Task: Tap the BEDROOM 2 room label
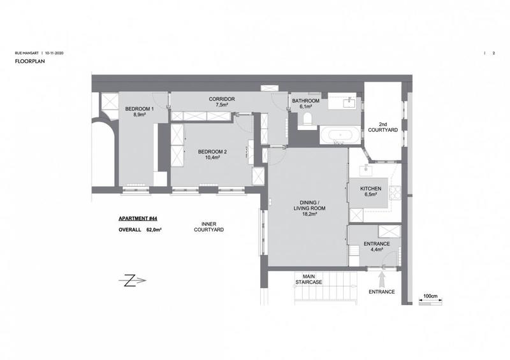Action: (x=212, y=151)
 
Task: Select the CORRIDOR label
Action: (x=222, y=99)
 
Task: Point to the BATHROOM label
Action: (x=305, y=101)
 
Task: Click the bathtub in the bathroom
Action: (x=339, y=134)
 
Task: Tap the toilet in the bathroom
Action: (x=307, y=119)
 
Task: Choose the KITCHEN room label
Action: (x=370, y=189)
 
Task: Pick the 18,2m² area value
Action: (x=310, y=214)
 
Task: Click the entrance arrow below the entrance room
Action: (x=382, y=278)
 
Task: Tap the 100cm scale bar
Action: (x=431, y=301)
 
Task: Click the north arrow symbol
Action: (x=132, y=280)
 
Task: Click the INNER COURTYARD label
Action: (x=212, y=226)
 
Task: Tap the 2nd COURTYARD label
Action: (x=382, y=127)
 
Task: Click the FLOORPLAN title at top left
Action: (x=28, y=62)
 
